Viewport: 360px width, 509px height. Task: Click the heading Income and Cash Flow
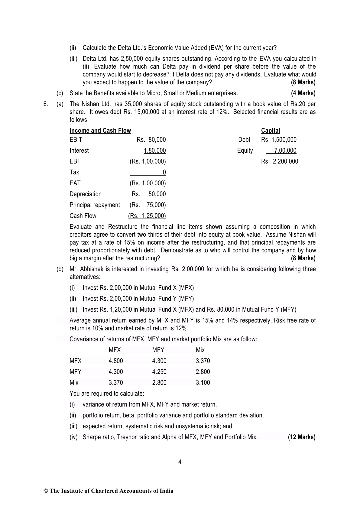100,131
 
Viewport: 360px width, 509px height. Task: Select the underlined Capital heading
271,131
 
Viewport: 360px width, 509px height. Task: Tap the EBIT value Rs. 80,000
151,140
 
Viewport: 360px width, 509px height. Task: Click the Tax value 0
164,172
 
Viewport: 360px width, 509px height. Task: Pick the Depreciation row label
86,194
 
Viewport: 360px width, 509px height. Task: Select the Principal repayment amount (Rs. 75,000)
148,205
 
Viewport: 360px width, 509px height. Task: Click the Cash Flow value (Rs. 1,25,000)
147,216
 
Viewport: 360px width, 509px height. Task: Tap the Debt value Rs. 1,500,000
279,140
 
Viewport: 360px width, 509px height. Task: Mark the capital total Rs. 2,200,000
280,161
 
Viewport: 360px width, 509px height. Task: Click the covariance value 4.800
116,361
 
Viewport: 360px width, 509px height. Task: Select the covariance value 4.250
159,372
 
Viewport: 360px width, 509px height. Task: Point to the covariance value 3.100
203,383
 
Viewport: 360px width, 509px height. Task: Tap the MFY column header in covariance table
158,350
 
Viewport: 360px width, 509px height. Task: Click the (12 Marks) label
302,437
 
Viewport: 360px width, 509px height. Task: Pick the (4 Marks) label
303,93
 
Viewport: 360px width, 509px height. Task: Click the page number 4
180,462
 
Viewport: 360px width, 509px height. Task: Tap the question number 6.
46,104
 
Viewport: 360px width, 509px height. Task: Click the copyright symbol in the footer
46,491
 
